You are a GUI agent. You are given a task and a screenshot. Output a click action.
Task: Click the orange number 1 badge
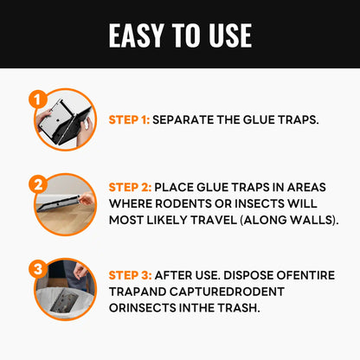36,100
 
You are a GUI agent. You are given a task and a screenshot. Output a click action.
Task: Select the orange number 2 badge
36,183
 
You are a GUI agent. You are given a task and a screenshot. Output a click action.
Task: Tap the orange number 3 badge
36,268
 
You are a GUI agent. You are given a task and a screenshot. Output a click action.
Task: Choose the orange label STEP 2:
131,186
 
